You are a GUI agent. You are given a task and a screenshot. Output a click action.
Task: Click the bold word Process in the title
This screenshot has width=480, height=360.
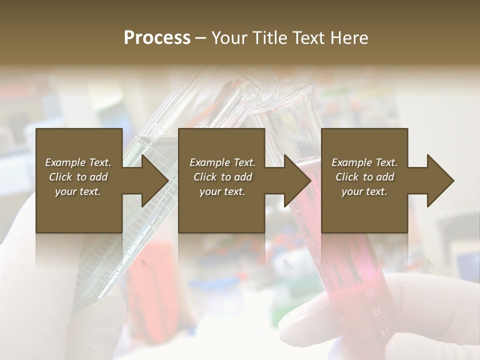point(156,38)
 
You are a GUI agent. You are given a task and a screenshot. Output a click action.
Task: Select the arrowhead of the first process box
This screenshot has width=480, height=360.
point(153,180)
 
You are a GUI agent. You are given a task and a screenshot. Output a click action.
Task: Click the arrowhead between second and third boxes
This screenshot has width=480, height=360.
point(296,180)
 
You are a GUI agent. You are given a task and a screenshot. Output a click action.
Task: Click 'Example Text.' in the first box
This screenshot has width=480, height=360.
point(78,162)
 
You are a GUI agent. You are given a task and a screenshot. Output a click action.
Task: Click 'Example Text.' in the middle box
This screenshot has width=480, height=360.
point(222,162)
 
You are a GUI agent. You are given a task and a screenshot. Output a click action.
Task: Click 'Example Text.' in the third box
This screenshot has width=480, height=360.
point(364,162)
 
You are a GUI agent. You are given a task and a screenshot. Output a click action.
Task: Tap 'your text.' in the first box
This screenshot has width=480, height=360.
point(78,191)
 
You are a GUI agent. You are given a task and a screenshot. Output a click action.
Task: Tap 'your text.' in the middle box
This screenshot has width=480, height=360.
point(222,191)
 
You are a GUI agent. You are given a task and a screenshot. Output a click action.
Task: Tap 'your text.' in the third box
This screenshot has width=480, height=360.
point(364,191)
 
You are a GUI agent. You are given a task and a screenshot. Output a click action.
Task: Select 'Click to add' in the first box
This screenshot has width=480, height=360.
point(78,177)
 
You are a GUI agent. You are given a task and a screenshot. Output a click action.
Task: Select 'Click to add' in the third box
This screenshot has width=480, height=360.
point(364,177)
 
